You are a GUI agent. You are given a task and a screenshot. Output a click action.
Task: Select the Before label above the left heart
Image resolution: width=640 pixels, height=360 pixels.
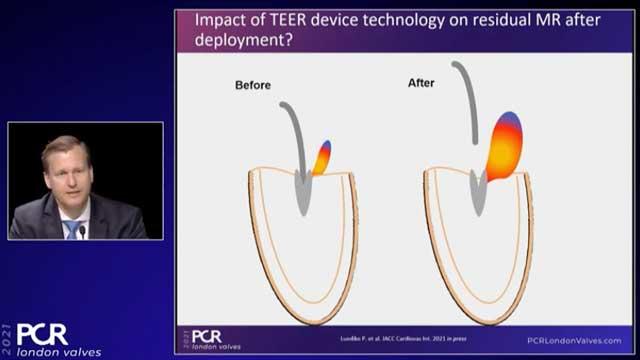click(x=254, y=85)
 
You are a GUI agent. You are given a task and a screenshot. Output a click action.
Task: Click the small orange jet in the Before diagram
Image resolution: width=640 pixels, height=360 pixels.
click(x=322, y=158)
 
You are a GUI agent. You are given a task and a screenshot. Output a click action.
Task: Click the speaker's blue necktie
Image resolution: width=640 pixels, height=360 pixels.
click(x=73, y=229)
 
